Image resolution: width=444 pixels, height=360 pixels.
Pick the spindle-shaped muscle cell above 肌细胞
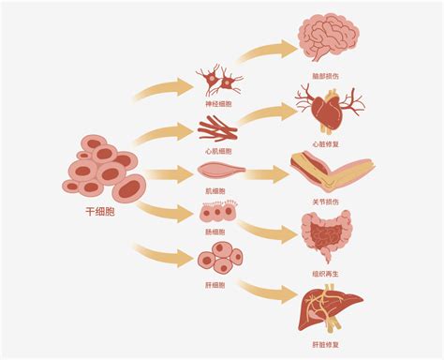point(220,172)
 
